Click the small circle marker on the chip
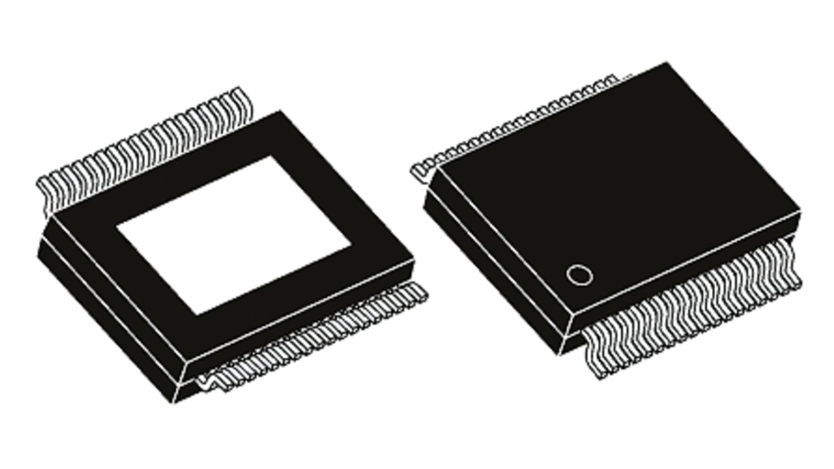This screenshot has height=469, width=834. coord(579,275)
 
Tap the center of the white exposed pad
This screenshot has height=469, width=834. coord(234,235)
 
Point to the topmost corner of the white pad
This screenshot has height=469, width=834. coord(271,156)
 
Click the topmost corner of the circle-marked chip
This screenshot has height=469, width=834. coord(667,62)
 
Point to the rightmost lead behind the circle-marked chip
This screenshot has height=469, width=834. coord(614,78)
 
